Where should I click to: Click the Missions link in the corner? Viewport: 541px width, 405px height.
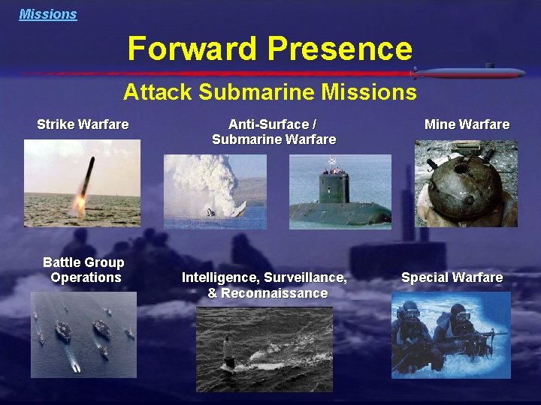tap(48, 14)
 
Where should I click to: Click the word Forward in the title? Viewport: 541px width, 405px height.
tap(192, 49)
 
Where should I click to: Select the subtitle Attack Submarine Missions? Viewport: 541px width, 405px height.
tap(270, 92)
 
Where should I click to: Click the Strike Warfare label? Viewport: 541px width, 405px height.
tap(83, 124)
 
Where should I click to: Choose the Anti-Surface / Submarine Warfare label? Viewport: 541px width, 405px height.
tap(274, 132)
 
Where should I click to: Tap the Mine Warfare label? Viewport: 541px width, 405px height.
tap(467, 124)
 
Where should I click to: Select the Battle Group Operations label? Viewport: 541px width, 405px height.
tap(84, 270)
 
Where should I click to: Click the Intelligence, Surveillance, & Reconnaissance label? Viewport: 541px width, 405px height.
tap(264, 285)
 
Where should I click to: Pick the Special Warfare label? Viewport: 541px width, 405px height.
tap(452, 277)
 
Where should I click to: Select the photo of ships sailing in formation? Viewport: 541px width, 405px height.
tap(83, 334)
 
